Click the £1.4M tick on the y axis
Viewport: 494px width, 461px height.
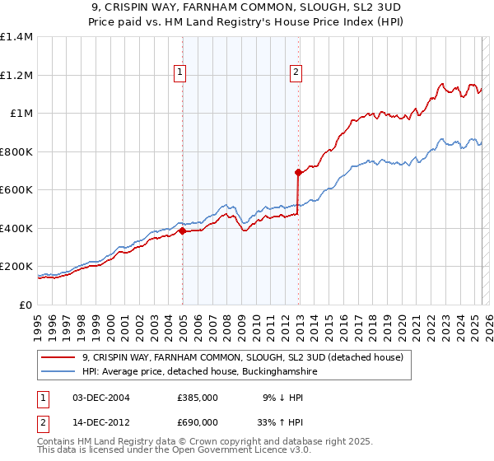[17, 37]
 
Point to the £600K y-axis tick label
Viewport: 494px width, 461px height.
[16, 190]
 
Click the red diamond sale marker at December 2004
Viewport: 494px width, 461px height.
[182, 231]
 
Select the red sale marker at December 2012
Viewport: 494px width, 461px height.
[298, 173]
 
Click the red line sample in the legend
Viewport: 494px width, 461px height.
[58, 357]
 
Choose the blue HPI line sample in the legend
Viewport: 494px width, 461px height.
[58, 372]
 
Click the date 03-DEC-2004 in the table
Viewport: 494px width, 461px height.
[98, 397]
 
